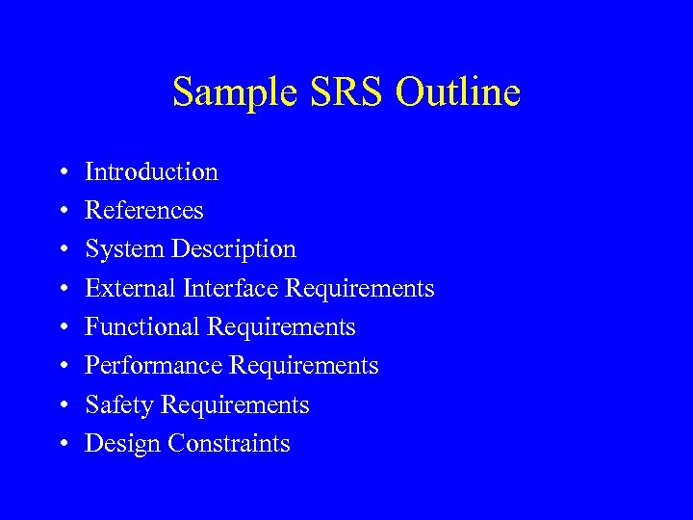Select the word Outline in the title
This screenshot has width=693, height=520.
click(x=458, y=92)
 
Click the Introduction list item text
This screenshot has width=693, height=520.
click(x=151, y=172)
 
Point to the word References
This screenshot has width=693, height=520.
click(x=144, y=211)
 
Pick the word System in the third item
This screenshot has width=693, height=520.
click(x=124, y=250)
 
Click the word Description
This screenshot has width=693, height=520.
click(x=234, y=250)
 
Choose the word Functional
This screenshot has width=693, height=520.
click(x=143, y=327)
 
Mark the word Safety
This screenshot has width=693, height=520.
click(x=119, y=405)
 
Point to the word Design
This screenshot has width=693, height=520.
click(x=123, y=444)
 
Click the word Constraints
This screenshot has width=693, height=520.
click(x=229, y=444)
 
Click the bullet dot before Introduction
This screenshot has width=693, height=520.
click(x=62, y=173)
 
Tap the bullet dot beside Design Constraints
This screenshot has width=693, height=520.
click(x=62, y=445)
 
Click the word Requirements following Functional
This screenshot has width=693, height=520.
click(x=281, y=328)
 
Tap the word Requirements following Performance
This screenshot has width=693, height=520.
click(x=304, y=367)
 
